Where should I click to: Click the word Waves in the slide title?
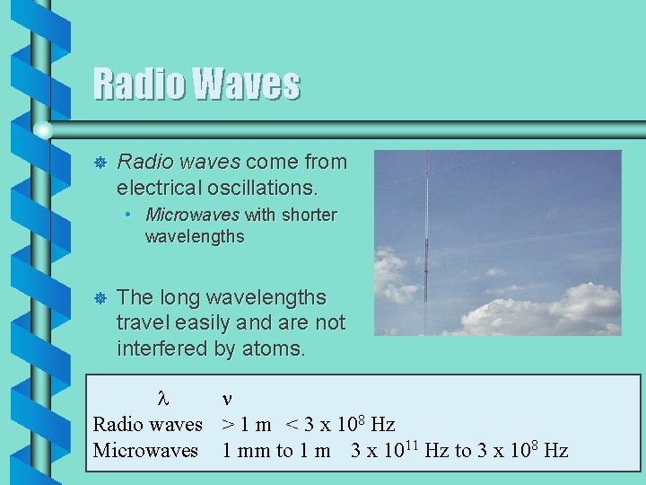[247, 84]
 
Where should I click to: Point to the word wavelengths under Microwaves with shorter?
[194, 237]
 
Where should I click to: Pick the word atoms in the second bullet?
[274, 348]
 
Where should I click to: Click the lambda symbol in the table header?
[162, 398]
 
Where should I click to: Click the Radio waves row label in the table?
[148, 424]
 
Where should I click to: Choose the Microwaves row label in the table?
[145, 450]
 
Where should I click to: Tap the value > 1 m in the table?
[249, 424]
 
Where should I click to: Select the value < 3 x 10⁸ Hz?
[341, 424]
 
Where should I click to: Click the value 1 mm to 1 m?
[276, 450]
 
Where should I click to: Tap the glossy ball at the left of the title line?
[43, 130]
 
